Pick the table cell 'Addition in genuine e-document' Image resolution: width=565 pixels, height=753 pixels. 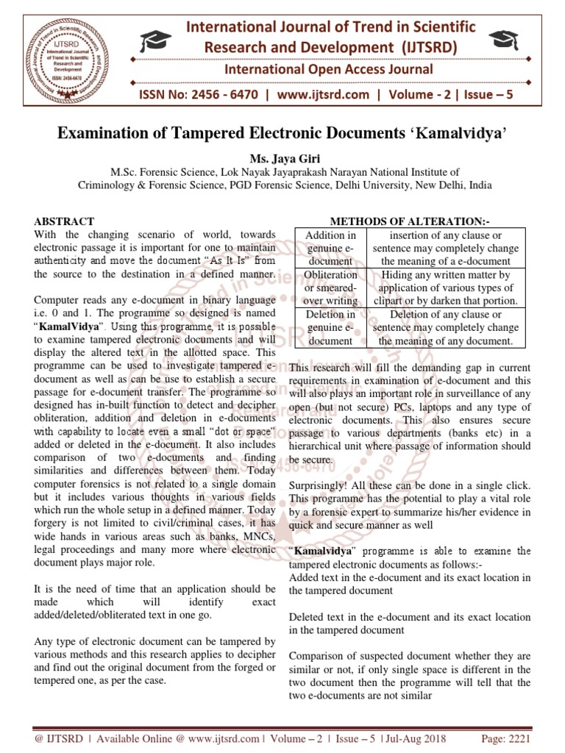pos(330,248)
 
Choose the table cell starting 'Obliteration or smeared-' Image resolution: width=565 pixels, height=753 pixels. pos(330,288)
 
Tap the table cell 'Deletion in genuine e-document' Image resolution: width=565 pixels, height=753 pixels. pos(330,327)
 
